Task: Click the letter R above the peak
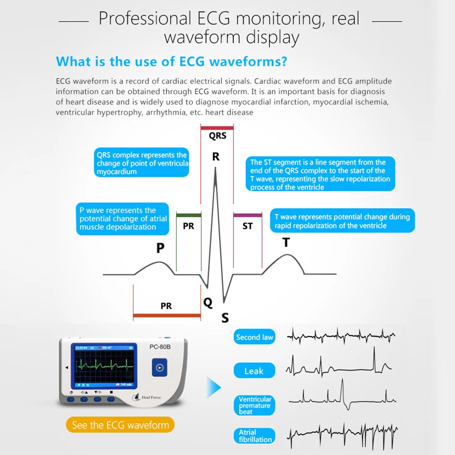[x=216, y=157]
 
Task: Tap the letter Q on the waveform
[x=208, y=303]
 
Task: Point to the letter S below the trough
[x=225, y=318]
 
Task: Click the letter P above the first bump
[x=160, y=248]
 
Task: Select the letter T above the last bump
[x=286, y=243]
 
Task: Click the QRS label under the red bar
[x=217, y=136]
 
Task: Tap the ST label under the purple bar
[x=248, y=226]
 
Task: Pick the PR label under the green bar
[x=188, y=226]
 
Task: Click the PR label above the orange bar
[x=167, y=306]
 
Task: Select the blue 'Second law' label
[x=255, y=337]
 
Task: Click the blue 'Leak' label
[x=254, y=371]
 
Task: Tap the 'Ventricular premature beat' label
[x=255, y=405]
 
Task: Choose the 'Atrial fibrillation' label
[x=255, y=436]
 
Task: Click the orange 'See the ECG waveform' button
[x=120, y=425]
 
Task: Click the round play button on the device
[x=159, y=367]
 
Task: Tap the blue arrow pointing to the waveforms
[x=214, y=388]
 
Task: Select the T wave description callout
[x=342, y=221]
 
